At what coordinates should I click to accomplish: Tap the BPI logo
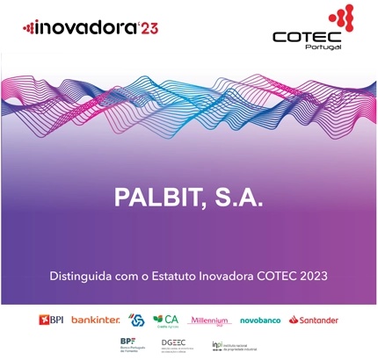(53, 320)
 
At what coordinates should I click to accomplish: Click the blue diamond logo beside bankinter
(136, 320)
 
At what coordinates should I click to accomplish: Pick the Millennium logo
(210, 320)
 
